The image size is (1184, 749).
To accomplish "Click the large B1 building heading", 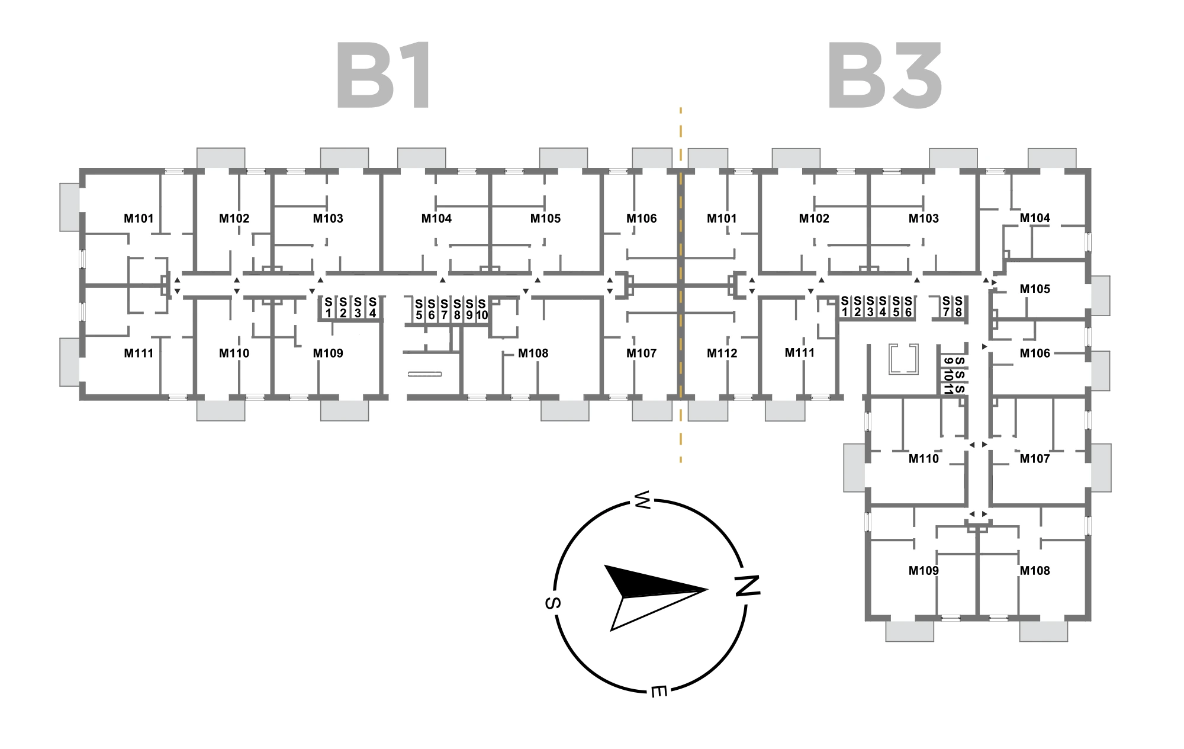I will click(x=384, y=76).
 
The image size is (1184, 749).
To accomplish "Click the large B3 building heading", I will click(x=884, y=76).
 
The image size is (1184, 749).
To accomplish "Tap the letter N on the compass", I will click(x=747, y=586).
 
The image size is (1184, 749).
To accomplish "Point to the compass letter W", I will click(x=643, y=500).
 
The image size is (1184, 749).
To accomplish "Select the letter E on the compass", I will click(x=659, y=691).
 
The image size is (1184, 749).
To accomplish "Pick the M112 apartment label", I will click(x=722, y=353).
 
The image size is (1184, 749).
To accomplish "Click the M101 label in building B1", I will click(x=139, y=218).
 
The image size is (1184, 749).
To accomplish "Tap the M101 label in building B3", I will click(x=722, y=218).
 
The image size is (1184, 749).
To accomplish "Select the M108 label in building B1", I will click(x=533, y=353).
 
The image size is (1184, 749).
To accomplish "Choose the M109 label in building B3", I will click(x=924, y=571).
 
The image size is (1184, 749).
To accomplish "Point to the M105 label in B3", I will click(x=1034, y=289).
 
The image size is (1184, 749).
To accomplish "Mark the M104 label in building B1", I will click(x=436, y=218).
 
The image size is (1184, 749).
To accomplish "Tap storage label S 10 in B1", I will click(x=482, y=310).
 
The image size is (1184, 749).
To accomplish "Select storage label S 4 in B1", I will click(x=372, y=308).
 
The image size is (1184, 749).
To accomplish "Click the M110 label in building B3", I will click(x=924, y=459).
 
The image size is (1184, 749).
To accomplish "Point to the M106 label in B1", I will click(x=641, y=218).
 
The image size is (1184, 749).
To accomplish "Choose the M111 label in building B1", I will click(x=139, y=353).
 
